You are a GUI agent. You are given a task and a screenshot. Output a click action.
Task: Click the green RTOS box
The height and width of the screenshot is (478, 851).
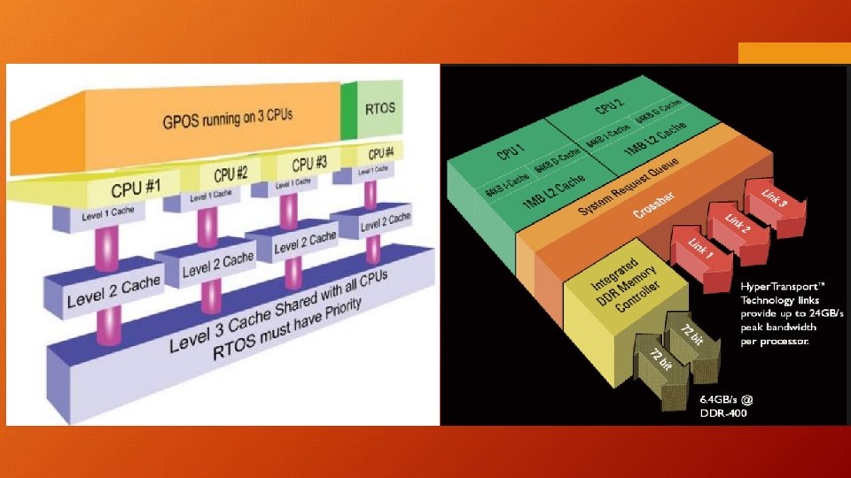tap(381, 111)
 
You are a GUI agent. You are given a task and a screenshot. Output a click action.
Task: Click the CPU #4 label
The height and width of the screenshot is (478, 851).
tap(382, 152)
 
